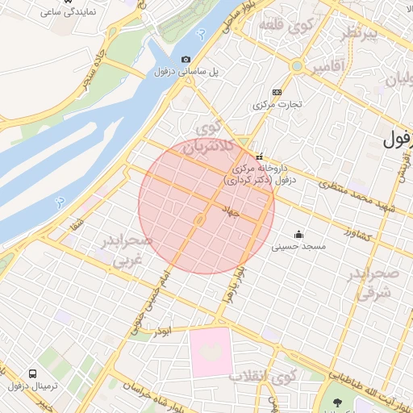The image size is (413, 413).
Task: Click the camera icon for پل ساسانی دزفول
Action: point(186,59)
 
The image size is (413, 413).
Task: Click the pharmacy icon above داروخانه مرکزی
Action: point(259,156)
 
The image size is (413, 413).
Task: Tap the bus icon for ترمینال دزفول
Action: point(33,374)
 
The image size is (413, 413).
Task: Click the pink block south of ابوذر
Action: point(211,352)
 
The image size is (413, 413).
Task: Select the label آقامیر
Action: point(327,64)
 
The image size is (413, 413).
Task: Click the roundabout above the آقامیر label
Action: point(297,65)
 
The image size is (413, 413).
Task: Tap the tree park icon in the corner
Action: point(337,403)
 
